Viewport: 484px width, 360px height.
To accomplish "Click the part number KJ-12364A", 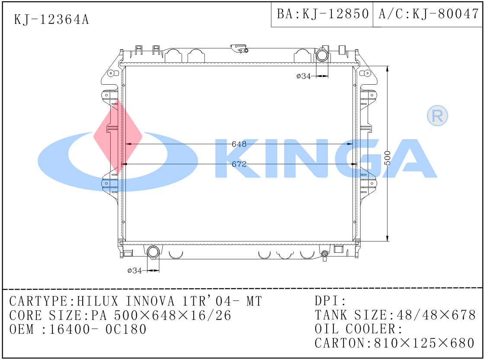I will pos(51,19).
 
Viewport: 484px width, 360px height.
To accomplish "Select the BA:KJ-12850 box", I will pos(322,14).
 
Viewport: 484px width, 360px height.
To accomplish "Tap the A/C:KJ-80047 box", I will pos(428,14).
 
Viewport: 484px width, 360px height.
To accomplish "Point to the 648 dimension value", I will pos(239,144).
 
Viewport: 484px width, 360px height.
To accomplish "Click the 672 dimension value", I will pos(239,164).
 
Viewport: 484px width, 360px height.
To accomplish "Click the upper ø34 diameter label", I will pos(304,76).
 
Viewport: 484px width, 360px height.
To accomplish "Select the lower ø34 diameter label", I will pos(135,271).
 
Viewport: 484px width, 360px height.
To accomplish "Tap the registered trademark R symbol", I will pos(437,115).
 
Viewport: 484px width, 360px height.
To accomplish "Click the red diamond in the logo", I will pos(118,135).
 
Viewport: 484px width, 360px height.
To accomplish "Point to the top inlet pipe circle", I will pos(322,55).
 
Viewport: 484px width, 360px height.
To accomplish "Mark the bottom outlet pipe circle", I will pos(153,252).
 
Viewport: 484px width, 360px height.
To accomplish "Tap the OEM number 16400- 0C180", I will pos(98,329).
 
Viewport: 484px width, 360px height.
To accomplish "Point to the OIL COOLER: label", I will pos(359,329).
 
